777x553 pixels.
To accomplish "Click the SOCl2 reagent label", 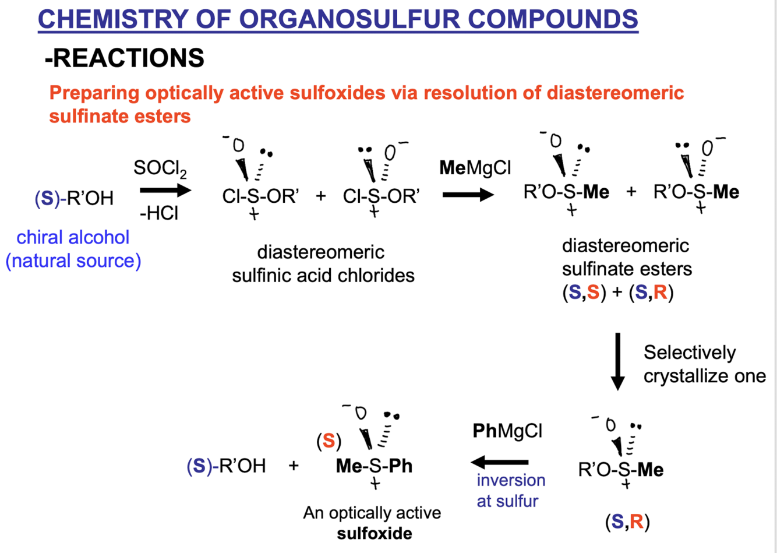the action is tap(160, 169).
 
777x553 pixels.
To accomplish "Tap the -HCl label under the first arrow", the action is tap(159, 213).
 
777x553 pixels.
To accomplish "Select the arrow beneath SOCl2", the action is tap(165, 190).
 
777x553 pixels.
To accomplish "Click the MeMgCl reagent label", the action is tap(475, 168).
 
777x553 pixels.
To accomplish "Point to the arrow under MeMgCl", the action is tap(468, 195).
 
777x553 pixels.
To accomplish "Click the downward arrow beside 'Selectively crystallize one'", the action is tap(617, 362).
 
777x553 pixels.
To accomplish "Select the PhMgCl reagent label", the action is tap(507, 431).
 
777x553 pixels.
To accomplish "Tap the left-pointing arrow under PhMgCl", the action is tap(500, 462).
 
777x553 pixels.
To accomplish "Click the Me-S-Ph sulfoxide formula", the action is tap(375, 466).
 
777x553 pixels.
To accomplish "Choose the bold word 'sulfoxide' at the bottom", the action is tap(375, 534).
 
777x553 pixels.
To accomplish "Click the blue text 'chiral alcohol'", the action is tap(73, 237).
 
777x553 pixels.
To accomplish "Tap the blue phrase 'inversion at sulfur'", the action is tap(511, 491).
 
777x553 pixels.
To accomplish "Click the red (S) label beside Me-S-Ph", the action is tap(329, 441).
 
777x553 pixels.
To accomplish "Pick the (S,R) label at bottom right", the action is tap(627, 522).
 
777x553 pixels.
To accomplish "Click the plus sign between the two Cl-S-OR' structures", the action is tap(321, 196).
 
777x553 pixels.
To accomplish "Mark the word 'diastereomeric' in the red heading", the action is tap(615, 93).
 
